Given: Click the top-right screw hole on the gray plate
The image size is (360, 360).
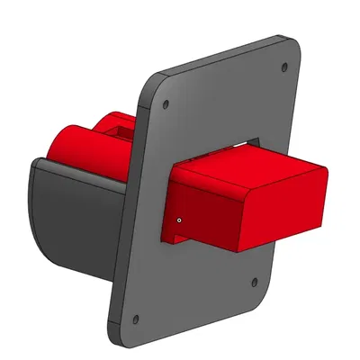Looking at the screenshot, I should click(285, 67).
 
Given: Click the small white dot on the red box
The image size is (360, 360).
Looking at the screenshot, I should click(180, 219).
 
